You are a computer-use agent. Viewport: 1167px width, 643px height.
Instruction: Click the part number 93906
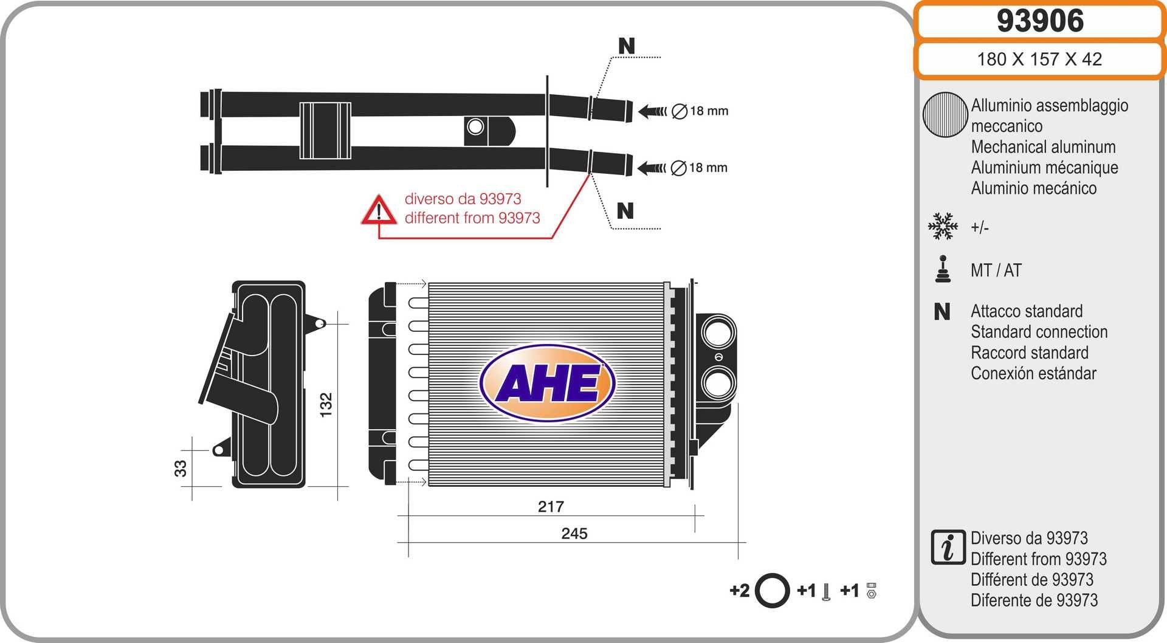coord(1039,21)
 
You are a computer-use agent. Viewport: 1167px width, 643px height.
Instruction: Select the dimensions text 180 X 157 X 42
coord(1039,59)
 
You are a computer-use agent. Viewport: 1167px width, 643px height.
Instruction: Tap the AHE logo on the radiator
coord(547,383)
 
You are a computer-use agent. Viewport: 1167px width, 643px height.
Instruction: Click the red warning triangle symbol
coord(379,210)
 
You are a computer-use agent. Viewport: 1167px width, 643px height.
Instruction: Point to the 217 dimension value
coord(551,507)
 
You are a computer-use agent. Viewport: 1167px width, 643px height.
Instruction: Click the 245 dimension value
coord(574,534)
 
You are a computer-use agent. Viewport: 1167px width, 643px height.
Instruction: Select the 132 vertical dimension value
coord(326,405)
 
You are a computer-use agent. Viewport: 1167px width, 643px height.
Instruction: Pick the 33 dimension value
coord(181,469)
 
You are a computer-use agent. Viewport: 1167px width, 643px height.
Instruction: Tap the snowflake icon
coord(943,226)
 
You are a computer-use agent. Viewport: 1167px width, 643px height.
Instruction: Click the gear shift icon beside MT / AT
coord(943,269)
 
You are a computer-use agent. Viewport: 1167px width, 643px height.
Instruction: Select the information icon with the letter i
coord(948,547)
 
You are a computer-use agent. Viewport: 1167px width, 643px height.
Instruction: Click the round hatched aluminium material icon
coord(945,114)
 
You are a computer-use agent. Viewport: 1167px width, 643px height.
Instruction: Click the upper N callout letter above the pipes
coord(626,46)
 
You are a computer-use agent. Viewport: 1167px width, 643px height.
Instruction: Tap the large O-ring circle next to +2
coord(772,590)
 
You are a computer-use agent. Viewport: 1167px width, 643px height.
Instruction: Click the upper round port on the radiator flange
coord(718,333)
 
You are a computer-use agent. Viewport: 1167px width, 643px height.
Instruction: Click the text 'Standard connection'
coord(1039,332)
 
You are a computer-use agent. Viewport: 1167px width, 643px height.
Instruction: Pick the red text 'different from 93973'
coord(472,218)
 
